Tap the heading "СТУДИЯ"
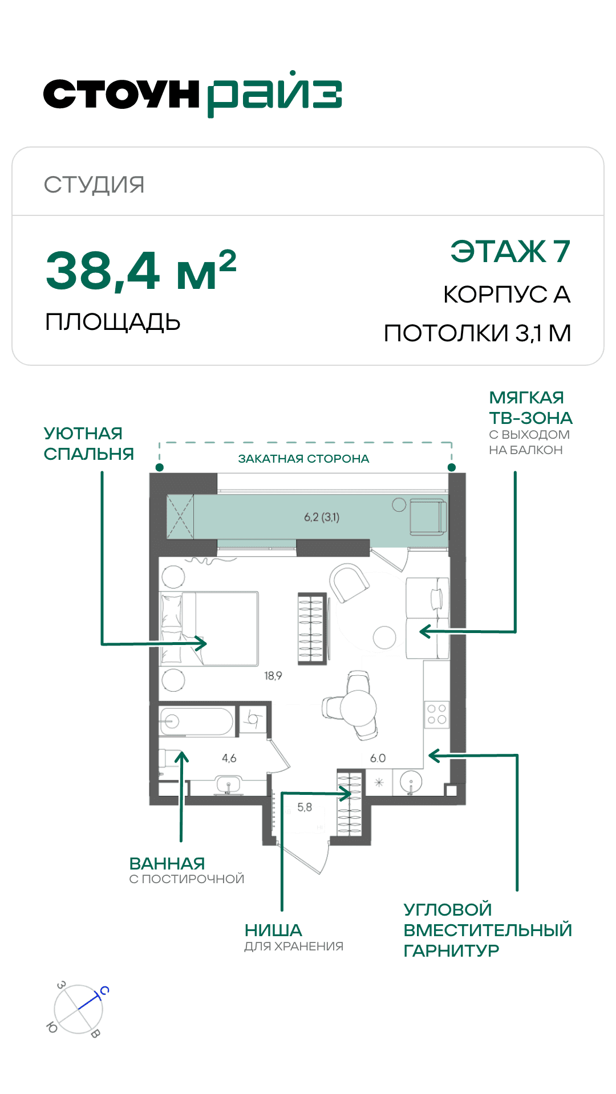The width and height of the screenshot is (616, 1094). pyautogui.click(x=94, y=185)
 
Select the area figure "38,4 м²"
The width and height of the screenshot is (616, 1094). pyautogui.click(x=141, y=270)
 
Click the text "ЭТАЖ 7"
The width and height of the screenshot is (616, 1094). pyautogui.click(x=510, y=251)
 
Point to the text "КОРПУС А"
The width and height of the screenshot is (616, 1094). pyautogui.click(x=507, y=295)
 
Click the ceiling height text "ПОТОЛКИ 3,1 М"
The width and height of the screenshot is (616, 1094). pyautogui.click(x=477, y=333)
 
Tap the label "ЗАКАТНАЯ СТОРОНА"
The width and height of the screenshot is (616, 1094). pyautogui.click(x=303, y=459)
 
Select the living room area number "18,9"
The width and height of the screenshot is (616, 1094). pyautogui.click(x=273, y=676)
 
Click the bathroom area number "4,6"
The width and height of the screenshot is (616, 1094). pyautogui.click(x=229, y=758)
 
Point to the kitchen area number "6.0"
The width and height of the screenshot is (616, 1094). pyautogui.click(x=378, y=758)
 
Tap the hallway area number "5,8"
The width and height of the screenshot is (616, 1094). pyautogui.click(x=305, y=807)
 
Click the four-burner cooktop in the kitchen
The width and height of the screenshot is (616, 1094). pyautogui.click(x=437, y=715)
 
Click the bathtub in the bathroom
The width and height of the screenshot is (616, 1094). pyautogui.click(x=196, y=722)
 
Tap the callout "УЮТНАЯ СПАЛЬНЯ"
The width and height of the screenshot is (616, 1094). pyautogui.click(x=88, y=443)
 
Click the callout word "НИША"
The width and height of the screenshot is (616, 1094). pyautogui.click(x=273, y=930)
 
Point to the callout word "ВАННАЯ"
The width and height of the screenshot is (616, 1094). pyautogui.click(x=167, y=863)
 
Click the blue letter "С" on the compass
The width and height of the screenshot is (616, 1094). pyautogui.click(x=104, y=990)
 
